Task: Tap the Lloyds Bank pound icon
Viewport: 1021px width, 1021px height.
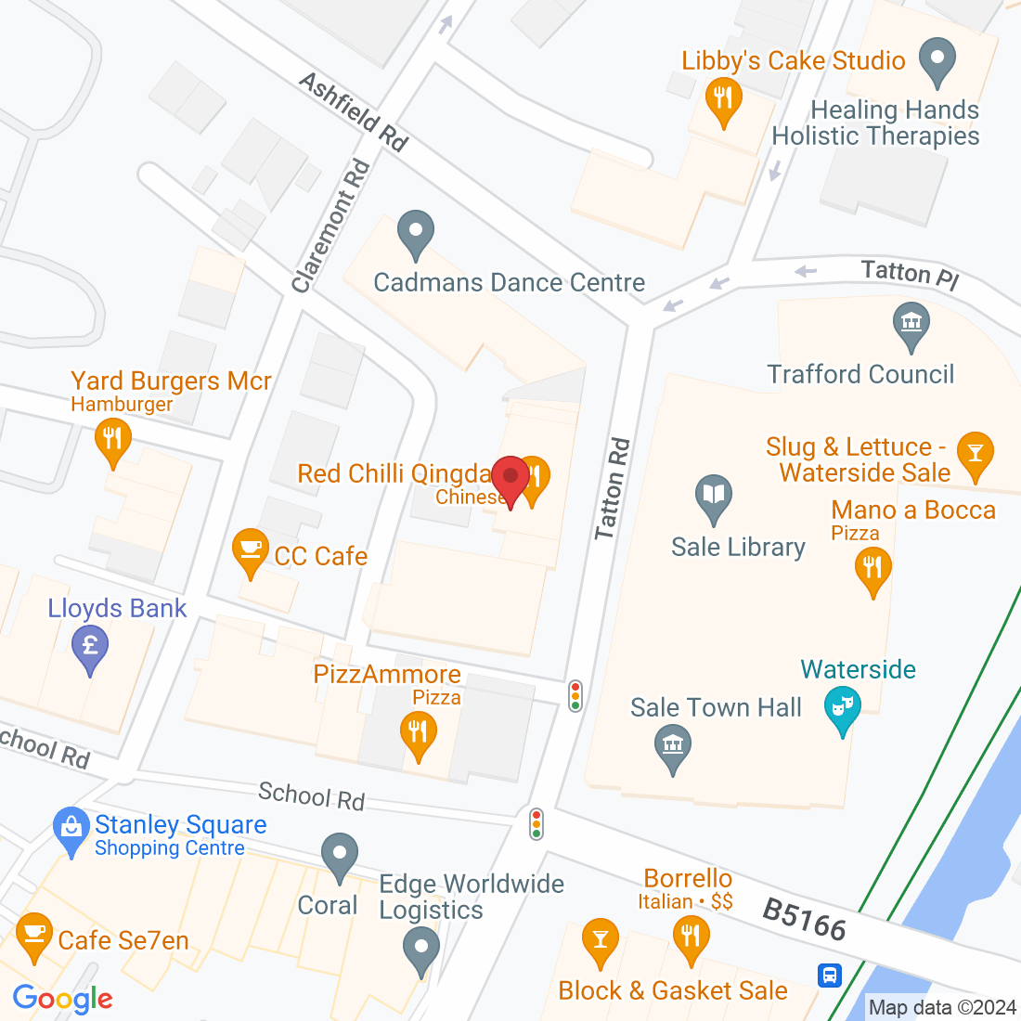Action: [x=90, y=645]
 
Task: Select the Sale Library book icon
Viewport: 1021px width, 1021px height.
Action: [x=713, y=494]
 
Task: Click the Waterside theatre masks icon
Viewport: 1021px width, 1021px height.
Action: [x=842, y=708]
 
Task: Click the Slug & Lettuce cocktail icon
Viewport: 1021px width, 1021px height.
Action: [x=975, y=453]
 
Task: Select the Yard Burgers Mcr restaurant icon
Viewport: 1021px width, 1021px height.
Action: [x=112, y=438]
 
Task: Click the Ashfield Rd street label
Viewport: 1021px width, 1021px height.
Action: [x=354, y=112]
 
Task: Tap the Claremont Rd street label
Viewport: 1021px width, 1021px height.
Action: [x=330, y=226]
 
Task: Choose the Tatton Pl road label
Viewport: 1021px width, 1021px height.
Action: [x=909, y=274]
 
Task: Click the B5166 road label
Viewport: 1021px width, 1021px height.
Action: [x=804, y=918]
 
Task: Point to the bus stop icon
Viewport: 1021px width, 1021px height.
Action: [x=829, y=975]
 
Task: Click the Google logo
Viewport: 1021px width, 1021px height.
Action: [x=62, y=999]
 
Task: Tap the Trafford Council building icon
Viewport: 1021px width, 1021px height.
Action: [x=911, y=324]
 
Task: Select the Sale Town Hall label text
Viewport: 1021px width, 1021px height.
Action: [x=716, y=707]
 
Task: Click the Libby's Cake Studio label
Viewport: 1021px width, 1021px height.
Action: [x=794, y=61]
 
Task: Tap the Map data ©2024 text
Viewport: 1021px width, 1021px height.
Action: [x=942, y=1007]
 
